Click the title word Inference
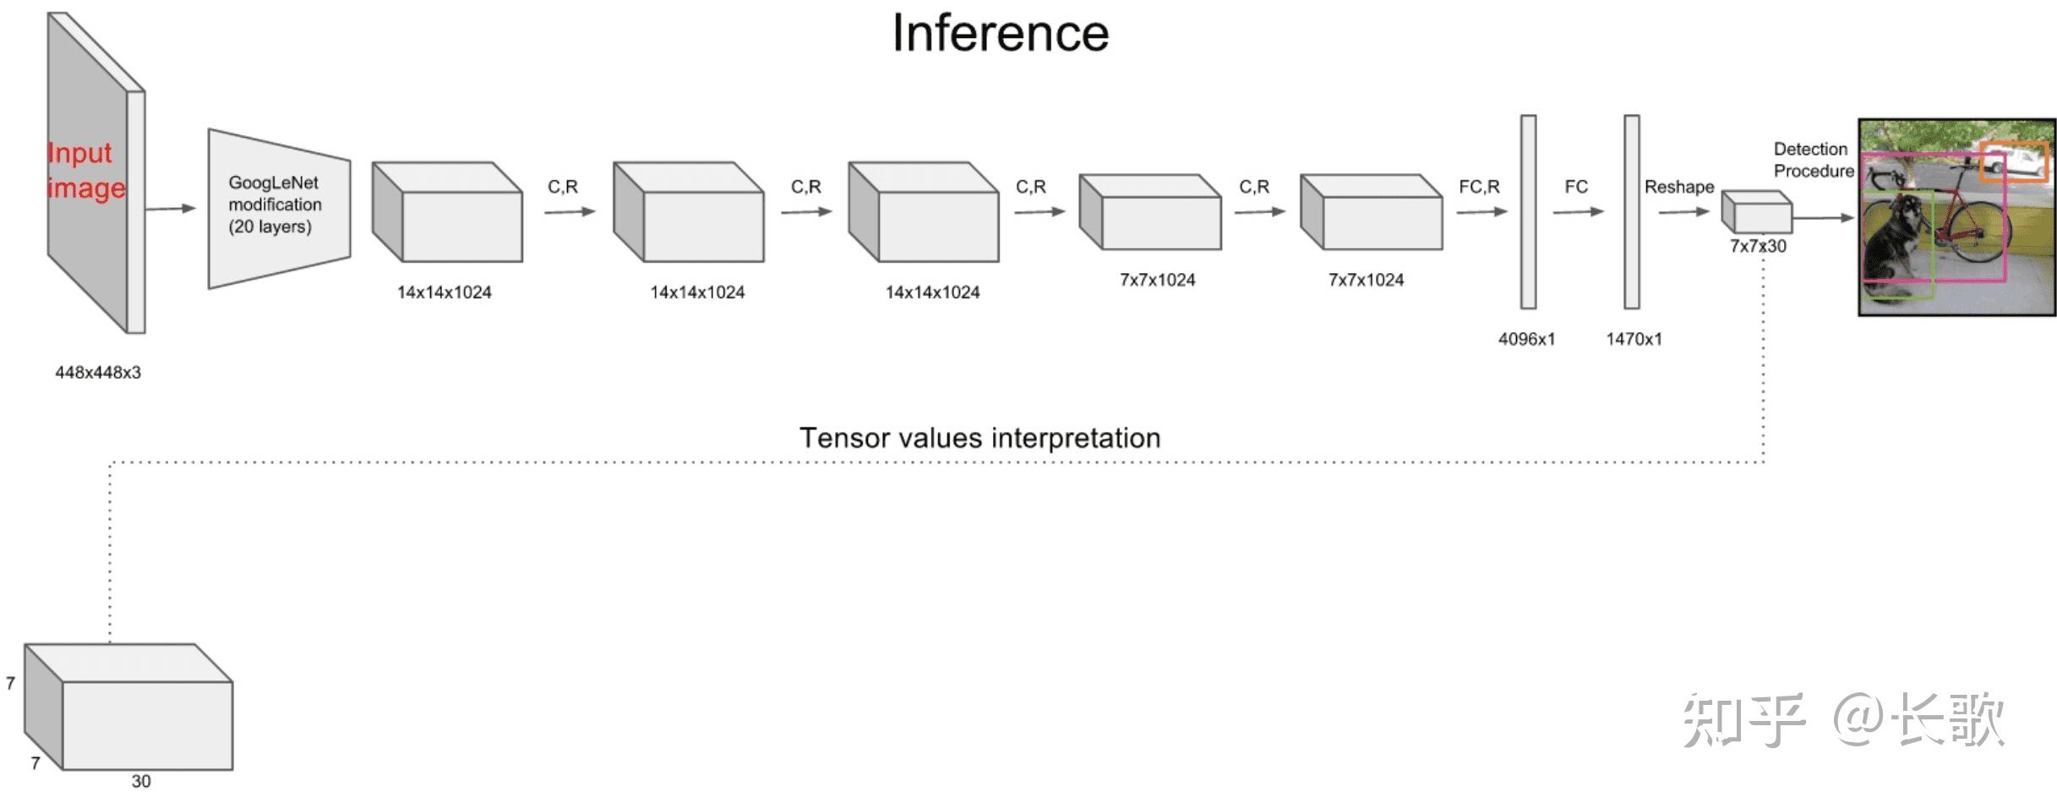pos(1000,34)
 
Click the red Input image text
pos(85,170)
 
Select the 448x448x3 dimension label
pos(98,373)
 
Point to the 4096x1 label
pos(1526,339)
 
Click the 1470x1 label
pos(1634,339)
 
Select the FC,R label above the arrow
pos(1479,187)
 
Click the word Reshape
pos(1678,187)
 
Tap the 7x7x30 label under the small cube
pos(1758,246)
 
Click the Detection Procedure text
pos(1813,160)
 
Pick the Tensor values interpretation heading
pos(979,438)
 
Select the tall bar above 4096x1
pos(1528,211)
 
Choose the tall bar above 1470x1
pos(1632,211)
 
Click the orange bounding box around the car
pos(2014,161)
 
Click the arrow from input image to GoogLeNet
pos(170,208)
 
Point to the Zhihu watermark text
pos(1842,720)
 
